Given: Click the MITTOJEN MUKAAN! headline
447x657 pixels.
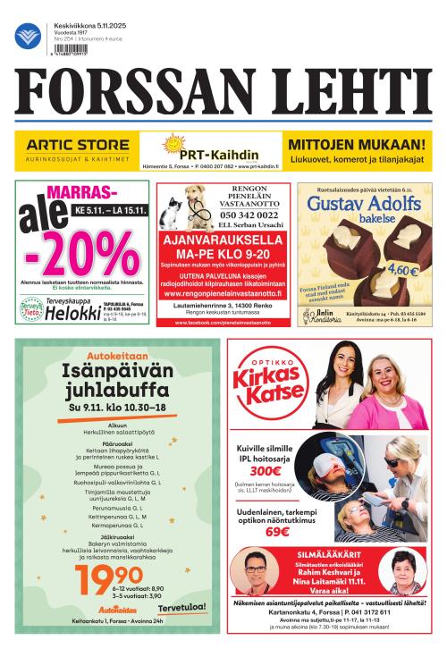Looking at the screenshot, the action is [x=356, y=144].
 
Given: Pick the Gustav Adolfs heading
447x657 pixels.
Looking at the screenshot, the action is [x=363, y=205].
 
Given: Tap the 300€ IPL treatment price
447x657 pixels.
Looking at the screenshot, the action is [x=266, y=471].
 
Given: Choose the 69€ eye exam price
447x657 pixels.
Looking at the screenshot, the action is [x=278, y=531].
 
